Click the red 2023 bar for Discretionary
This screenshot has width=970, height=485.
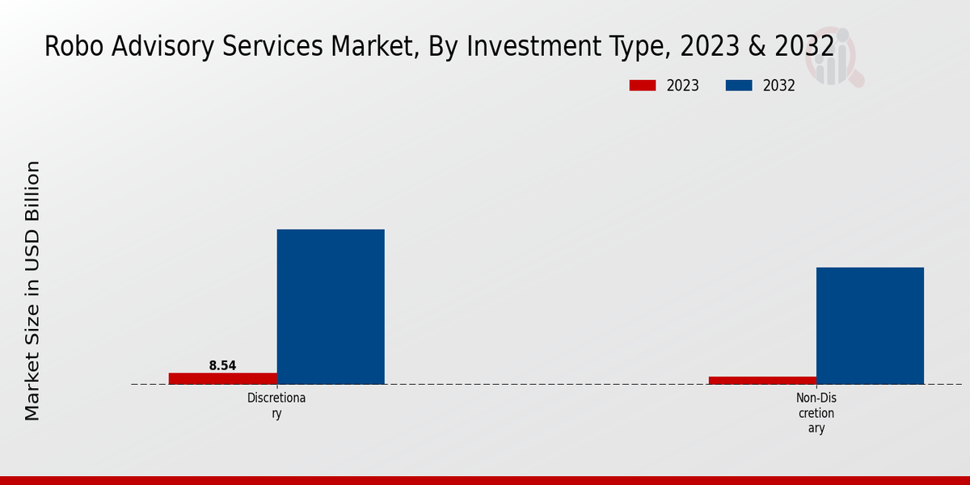(x=222, y=378)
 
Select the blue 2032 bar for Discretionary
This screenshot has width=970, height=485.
(x=331, y=306)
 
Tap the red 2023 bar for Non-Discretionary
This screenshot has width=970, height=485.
(x=762, y=380)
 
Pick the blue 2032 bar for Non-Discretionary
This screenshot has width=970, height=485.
(x=870, y=326)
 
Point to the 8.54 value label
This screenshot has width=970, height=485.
(x=222, y=365)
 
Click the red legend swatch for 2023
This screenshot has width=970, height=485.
(x=643, y=86)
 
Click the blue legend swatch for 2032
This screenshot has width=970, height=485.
(x=739, y=86)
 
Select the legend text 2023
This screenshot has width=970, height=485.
(x=683, y=86)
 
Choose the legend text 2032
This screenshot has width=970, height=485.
(x=779, y=86)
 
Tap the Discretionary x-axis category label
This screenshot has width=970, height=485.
(x=276, y=406)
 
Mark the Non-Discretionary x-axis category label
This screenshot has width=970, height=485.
(x=816, y=413)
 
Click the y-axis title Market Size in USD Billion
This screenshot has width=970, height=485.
(x=32, y=291)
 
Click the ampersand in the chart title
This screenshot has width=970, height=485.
(x=757, y=47)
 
